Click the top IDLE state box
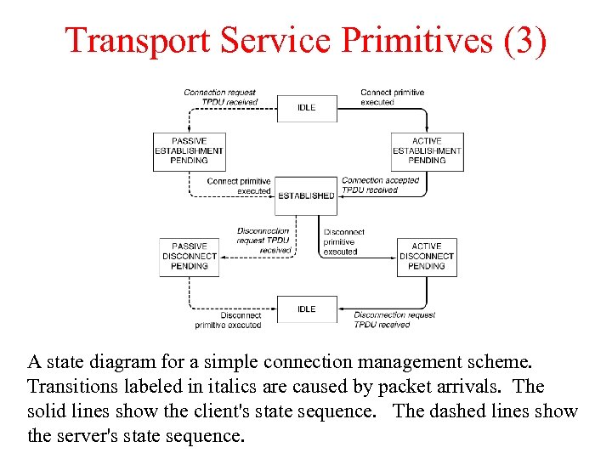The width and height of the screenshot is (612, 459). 306,107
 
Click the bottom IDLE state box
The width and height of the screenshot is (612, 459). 306,309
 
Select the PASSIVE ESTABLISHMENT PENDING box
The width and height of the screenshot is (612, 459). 189,150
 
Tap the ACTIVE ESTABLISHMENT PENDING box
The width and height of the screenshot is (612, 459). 427,150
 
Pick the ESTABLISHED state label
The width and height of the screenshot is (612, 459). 306,195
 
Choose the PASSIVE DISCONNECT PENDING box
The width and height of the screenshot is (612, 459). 189,256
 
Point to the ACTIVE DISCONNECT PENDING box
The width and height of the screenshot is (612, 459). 427,256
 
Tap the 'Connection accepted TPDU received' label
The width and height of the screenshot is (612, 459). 380,185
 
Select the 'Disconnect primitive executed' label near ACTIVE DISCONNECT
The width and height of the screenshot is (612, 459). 343,241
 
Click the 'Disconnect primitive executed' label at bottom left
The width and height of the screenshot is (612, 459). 228,320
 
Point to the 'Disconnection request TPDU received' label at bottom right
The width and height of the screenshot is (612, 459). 394,320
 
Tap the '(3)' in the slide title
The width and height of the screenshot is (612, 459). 524,40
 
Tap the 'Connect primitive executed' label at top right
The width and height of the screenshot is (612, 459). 392,97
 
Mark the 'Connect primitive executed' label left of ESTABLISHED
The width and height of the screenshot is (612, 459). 239,186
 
